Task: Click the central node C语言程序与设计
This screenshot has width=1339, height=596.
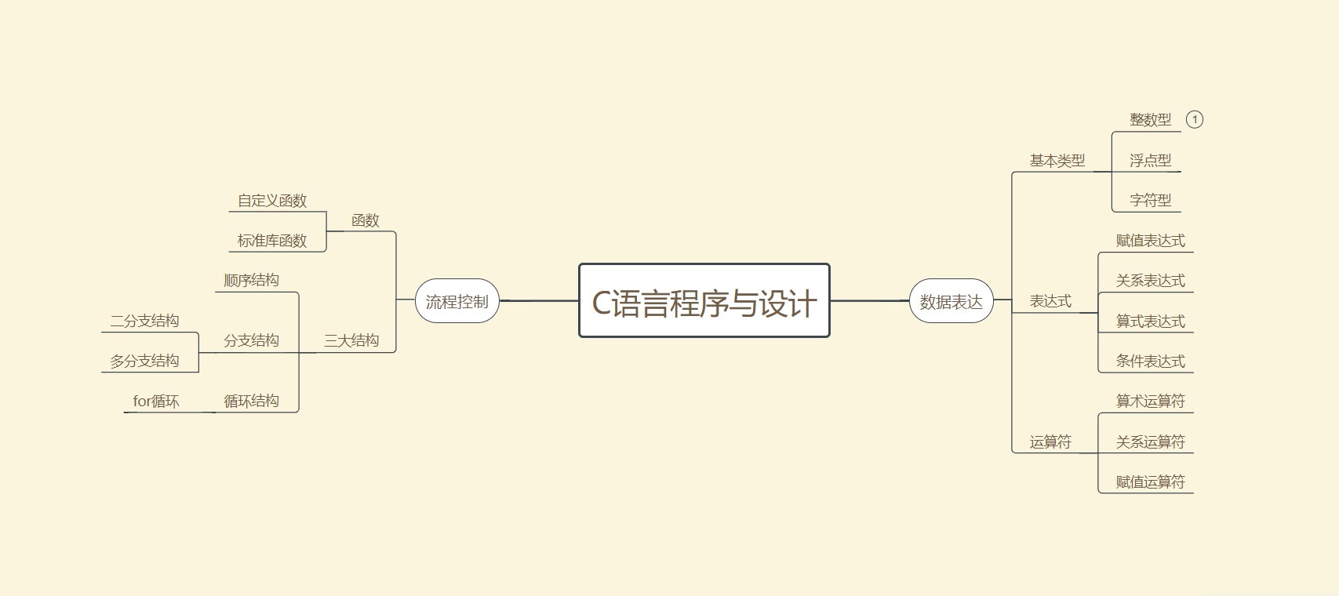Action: point(704,301)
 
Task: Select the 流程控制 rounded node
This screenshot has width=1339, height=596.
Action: point(457,301)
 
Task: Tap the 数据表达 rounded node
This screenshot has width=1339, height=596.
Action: point(951,301)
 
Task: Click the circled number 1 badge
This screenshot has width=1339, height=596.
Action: point(1194,119)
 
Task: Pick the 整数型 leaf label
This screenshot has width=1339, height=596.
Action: point(1150,120)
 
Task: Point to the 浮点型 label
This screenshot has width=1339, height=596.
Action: point(1150,161)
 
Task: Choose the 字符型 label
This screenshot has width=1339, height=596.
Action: point(1150,201)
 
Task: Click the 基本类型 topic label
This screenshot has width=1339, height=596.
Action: point(1057,161)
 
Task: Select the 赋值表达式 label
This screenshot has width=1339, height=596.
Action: point(1150,241)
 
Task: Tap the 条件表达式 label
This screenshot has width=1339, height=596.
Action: point(1150,362)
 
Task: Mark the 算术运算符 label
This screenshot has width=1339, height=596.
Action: point(1150,402)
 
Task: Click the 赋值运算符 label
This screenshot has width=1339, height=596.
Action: point(1150,482)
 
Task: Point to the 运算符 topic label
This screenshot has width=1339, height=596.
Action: point(1050,442)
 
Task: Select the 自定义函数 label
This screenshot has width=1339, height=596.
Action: point(272,201)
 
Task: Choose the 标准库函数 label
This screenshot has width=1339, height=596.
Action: point(272,241)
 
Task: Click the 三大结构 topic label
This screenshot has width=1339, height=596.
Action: point(351,340)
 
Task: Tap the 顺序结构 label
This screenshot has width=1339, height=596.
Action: point(251,281)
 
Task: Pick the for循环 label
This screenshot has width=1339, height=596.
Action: point(156,402)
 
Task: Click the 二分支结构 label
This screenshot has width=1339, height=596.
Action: point(144,321)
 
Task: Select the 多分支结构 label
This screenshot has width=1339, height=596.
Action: point(144,361)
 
